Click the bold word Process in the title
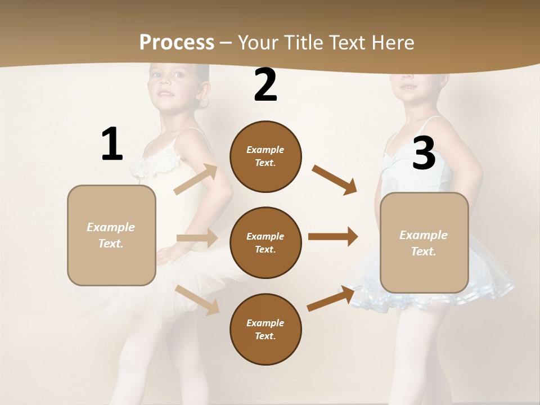point(177,42)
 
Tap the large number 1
point(112,145)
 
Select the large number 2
point(265,85)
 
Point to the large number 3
point(424,154)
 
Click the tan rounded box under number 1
point(111,235)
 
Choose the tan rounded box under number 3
point(424,243)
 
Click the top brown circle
point(265,156)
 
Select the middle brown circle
point(265,242)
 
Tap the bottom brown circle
point(265,329)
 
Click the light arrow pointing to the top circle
point(196,179)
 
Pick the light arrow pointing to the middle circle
point(197,238)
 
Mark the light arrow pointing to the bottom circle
point(197,299)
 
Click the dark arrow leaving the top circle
point(335,180)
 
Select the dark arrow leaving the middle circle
point(333,237)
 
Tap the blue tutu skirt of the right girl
point(450,287)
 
